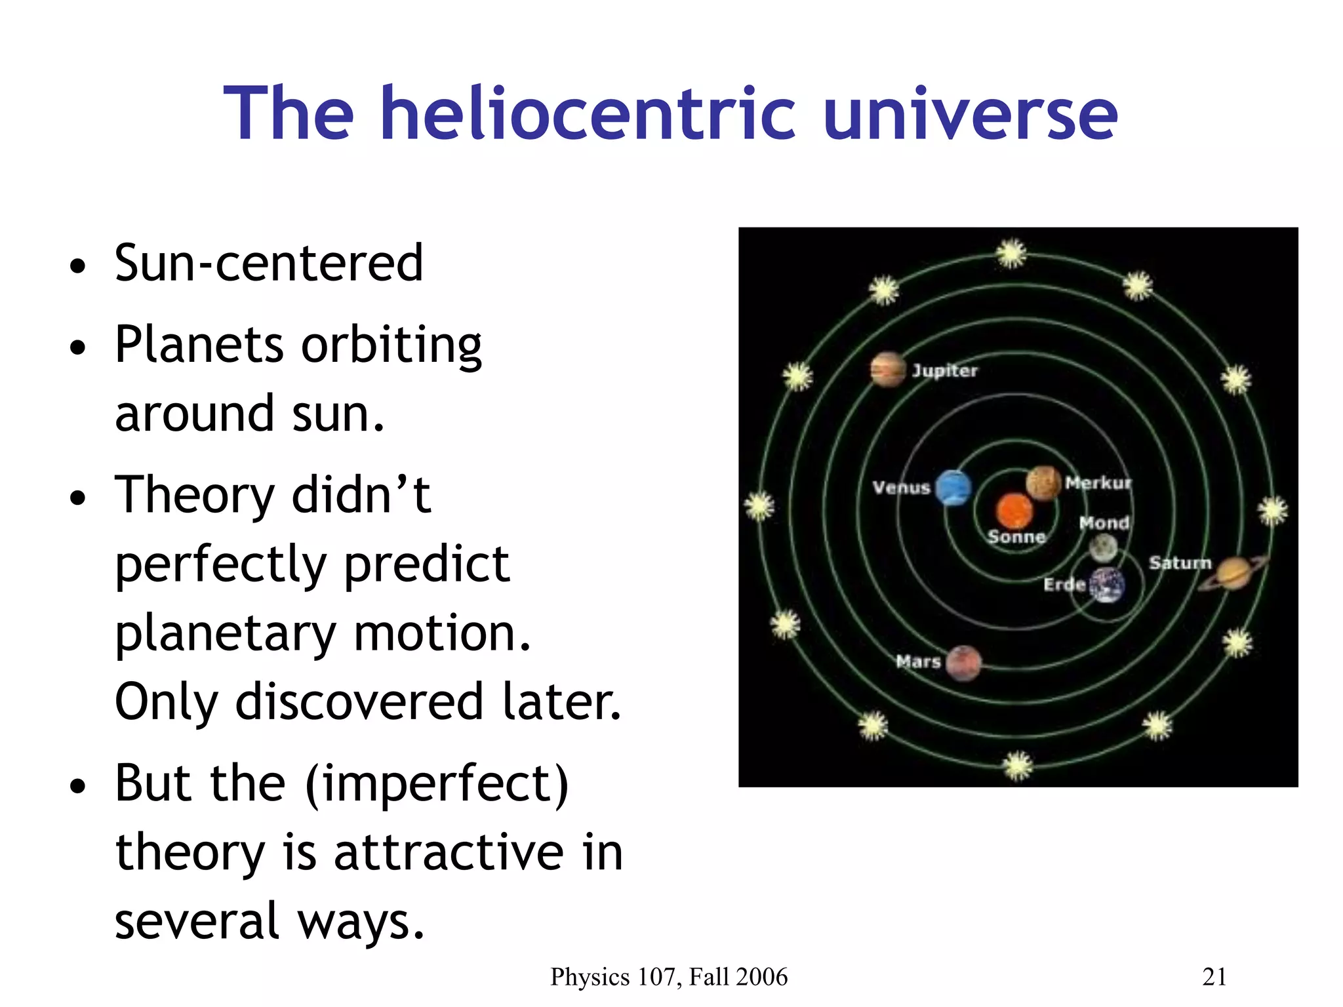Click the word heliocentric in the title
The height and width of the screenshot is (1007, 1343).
point(588,115)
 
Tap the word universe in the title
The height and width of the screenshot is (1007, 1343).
point(970,115)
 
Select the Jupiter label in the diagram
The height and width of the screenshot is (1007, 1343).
point(944,371)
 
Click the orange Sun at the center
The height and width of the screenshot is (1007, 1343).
point(1014,511)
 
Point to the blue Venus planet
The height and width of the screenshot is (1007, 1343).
point(953,488)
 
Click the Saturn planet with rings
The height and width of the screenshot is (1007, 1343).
point(1233,572)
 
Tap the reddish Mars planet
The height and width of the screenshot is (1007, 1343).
point(963,663)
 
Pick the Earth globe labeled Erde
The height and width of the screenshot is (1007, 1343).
point(1107,585)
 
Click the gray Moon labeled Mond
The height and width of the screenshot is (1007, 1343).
point(1103,547)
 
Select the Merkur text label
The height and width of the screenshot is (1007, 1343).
point(1098,483)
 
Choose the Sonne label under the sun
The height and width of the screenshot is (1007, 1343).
point(1016,537)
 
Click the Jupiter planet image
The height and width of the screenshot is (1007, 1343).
point(888,370)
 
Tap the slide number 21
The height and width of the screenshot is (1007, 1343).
point(1214,977)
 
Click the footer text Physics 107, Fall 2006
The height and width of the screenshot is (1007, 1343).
point(668,977)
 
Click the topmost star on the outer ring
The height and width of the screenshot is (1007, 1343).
point(1011,253)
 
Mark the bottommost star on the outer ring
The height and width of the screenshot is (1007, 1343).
point(1018,765)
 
